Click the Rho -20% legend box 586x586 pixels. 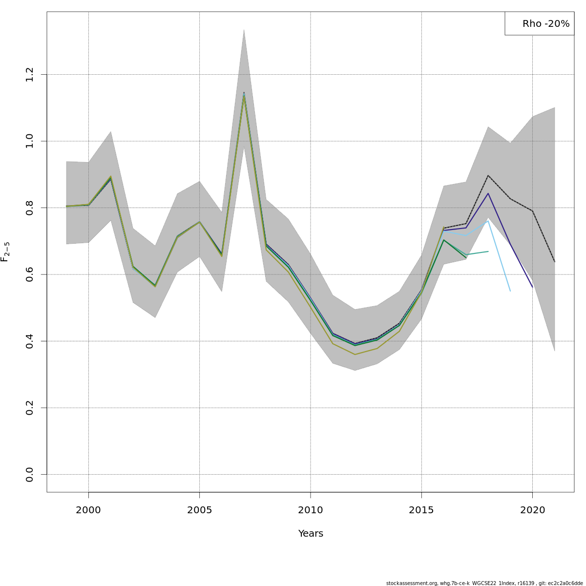coord(540,23)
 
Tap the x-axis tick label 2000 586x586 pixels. coord(88,510)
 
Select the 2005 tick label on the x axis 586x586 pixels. coord(199,510)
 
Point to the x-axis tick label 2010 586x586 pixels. coord(311,510)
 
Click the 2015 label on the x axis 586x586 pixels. coord(421,510)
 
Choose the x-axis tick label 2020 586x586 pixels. coord(532,510)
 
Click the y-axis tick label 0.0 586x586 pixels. coord(30,474)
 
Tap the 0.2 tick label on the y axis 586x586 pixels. coord(30,408)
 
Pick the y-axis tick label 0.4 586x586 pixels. coord(30,341)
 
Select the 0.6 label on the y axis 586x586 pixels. coord(30,274)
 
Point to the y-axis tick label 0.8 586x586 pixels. coord(30,208)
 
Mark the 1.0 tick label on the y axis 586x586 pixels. coord(30,141)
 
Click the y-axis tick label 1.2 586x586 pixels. coord(30,74)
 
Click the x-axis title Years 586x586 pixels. coord(311,534)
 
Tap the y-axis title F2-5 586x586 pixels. coord(5,252)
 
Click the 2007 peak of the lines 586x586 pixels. coord(244,93)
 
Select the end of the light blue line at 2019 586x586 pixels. coord(510,291)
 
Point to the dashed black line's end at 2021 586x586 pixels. coord(554,262)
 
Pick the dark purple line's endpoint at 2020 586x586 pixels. coord(532,287)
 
